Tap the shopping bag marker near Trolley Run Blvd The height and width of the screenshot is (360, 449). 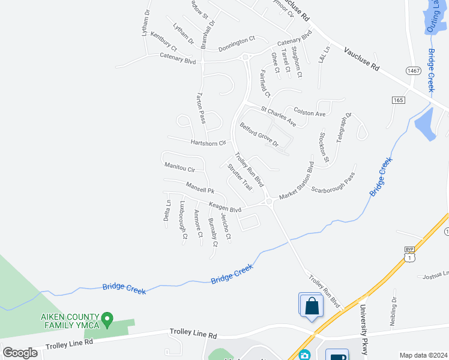point(312,305)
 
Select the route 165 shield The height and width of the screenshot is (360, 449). point(399,99)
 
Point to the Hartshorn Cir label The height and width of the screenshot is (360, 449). point(208,143)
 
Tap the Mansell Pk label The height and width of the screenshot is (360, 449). point(200,189)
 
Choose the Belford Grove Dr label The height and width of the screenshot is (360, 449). point(259,135)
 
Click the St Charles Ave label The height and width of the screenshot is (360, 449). point(279,116)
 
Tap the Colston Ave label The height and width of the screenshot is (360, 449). point(309,112)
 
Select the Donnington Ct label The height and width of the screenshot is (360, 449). point(237,43)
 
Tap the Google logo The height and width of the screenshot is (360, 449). point(20,352)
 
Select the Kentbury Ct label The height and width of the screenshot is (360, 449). point(163,41)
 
